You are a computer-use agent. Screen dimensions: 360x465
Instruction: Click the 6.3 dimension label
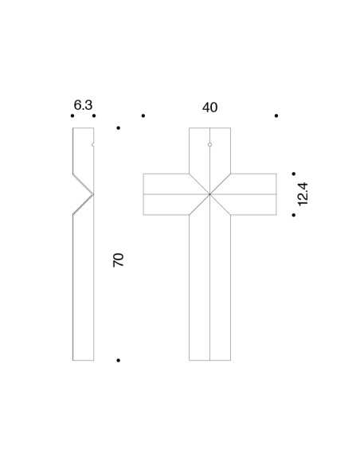pyautogui.click(x=83, y=105)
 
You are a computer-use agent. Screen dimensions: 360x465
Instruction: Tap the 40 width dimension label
pyautogui.click(x=210, y=107)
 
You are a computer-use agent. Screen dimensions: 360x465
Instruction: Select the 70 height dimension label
pyautogui.click(x=119, y=260)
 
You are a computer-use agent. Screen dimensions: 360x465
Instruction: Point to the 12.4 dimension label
pyautogui.click(x=303, y=194)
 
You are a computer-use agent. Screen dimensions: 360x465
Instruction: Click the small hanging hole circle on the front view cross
pyautogui.click(x=210, y=145)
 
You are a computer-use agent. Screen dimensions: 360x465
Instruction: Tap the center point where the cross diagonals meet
pyautogui.click(x=210, y=194)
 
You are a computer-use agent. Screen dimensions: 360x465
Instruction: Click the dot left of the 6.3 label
pyautogui.click(x=72, y=115)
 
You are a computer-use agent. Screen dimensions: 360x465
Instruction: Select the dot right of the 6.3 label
pyautogui.click(x=94, y=115)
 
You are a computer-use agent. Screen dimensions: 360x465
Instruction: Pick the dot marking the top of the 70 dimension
pyautogui.click(x=119, y=128)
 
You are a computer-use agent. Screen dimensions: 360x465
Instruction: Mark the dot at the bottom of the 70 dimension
pyautogui.click(x=119, y=361)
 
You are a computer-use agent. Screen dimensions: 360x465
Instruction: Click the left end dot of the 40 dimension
pyautogui.click(x=143, y=115)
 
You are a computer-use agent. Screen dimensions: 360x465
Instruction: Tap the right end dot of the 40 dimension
pyautogui.click(x=276, y=115)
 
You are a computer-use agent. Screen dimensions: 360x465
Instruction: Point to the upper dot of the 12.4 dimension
pyautogui.click(x=294, y=174)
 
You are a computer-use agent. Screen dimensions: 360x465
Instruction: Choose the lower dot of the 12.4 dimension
pyautogui.click(x=294, y=215)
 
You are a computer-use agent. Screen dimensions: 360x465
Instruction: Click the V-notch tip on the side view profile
pyautogui.click(x=93, y=194)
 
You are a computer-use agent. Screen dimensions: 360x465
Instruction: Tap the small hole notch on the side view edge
pyautogui.click(x=93, y=145)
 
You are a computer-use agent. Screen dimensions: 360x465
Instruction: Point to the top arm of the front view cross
pyautogui.click(x=210, y=150)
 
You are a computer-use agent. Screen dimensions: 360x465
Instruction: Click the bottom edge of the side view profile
pyautogui.click(x=84, y=361)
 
